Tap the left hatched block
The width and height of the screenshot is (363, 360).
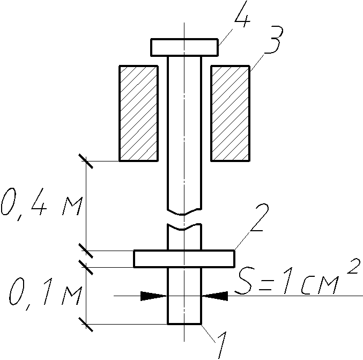pyautogui.click(x=139, y=113)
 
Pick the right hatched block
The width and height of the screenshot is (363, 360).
pyautogui.click(x=231, y=113)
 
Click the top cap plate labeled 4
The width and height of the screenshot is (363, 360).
pyautogui.click(x=184, y=48)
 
